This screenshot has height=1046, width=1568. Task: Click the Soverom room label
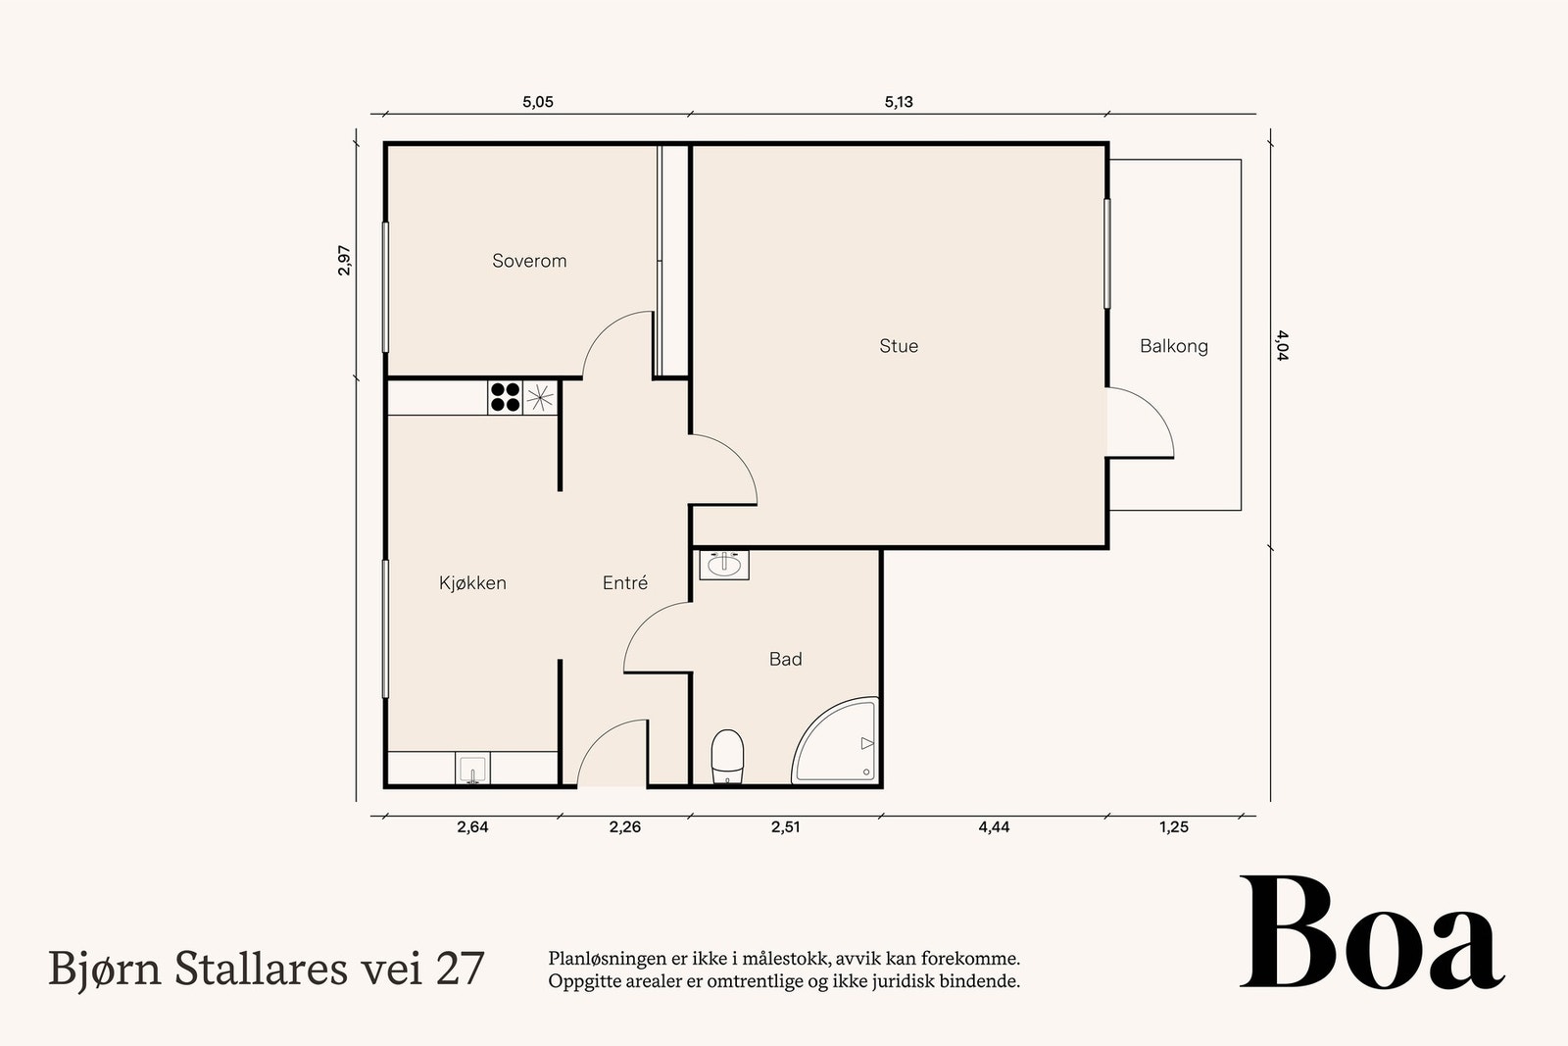tap(529, 261)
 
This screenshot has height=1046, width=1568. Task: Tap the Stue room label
tap(899, 346)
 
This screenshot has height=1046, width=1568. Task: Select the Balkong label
tap(1173, 346)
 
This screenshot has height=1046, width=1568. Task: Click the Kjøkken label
tap(472, 583)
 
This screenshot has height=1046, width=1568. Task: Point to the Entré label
tap(625, 583)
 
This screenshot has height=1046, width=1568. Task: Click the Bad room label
tap(785, 660)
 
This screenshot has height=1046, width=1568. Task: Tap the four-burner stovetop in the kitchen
tap(505, 397)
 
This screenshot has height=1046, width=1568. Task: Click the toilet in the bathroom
tap(727, 756)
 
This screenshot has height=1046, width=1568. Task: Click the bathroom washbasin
tap(724, 564)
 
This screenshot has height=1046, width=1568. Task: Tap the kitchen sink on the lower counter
tap(472, 768)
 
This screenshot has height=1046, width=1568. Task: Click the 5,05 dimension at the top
tap(537, 102)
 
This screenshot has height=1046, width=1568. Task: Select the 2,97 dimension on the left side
tap(344, 260)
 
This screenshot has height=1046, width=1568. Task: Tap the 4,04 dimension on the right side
tap(1283, 345)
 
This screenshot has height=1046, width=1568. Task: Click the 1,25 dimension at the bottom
tap(1173, 827)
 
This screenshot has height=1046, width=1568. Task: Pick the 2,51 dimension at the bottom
tap(785, 827)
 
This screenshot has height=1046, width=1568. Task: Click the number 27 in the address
tap(460, 969)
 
